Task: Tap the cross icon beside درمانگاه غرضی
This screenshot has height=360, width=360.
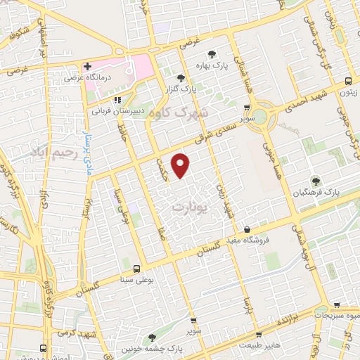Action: coord(86,66)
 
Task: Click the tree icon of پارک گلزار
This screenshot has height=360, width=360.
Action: coord(181,78)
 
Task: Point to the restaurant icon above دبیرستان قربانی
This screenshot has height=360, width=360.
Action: coord(119,100)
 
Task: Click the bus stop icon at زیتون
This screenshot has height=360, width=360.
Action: coord(349,80)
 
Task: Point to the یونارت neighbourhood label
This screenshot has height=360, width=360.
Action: coord(189,208)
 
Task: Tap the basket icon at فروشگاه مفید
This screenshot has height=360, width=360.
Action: coord(247,229)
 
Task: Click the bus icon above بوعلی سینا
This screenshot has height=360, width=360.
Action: coord(136,269)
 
